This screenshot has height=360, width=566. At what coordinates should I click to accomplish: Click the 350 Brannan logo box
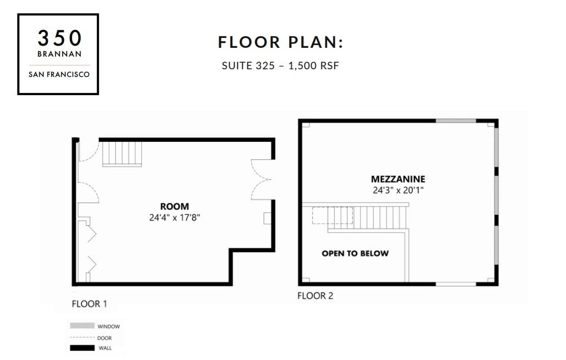(x=58, y=54)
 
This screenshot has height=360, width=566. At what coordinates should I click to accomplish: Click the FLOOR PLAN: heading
(x=280, y=42)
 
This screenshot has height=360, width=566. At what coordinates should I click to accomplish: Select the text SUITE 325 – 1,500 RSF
(x=280, y=66)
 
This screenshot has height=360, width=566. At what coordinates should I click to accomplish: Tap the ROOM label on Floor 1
(x=174, y=206)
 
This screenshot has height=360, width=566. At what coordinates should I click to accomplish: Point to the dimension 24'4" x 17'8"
(x=174, y=217)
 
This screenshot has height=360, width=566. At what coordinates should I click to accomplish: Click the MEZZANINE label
(x=398, y=179)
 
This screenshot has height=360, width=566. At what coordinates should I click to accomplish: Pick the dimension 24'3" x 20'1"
(x=398, y=190)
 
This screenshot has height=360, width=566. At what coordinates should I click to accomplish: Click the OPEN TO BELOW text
(x=355, y=253)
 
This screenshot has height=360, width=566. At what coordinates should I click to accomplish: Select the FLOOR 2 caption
(x=315, y=296)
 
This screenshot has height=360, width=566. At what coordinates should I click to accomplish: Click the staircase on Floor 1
(x=122, y=153)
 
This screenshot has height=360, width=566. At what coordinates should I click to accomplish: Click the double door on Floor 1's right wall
(x=262, y=179)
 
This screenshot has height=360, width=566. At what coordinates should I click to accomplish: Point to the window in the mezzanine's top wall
(x=456, y=121)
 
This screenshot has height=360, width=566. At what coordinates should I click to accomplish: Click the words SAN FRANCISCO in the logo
(x=59, y=74)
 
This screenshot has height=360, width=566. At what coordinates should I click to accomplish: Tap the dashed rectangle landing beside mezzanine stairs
(x=324, y=215)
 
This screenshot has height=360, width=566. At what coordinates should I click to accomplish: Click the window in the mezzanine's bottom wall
(x=456, y=284)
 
